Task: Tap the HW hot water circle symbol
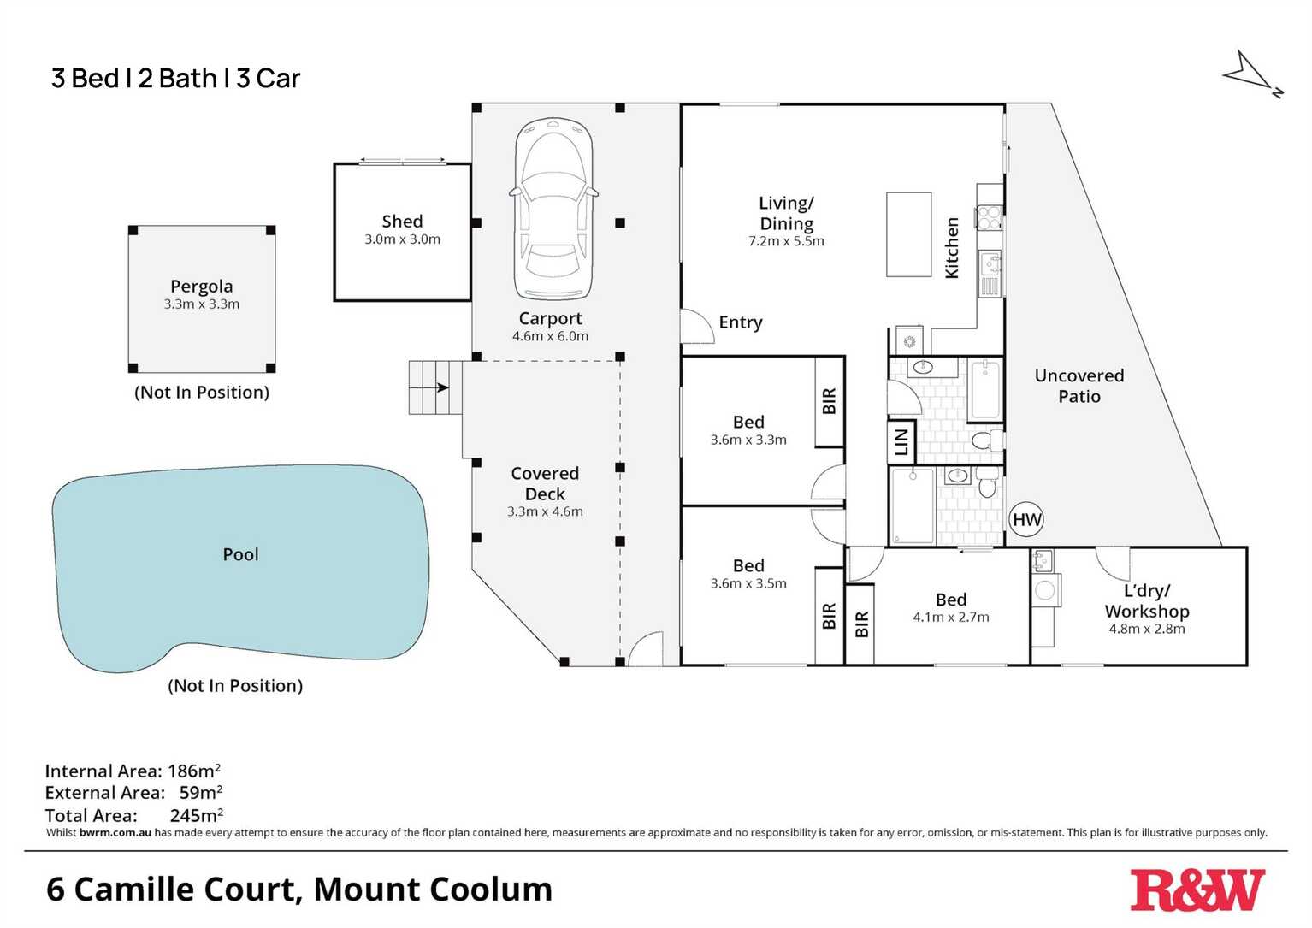[x=1026, y=519]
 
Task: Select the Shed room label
[x=402, y=222]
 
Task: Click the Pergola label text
[x=201, y=287]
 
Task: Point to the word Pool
[x=240, y=554]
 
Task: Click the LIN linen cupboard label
[x=901, y=442]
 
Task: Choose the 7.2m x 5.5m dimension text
[x=786, y=241]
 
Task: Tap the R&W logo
[x=1197, y=890]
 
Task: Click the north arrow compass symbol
[x=1251, y=74]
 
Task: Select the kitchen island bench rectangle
[x=908, y=234]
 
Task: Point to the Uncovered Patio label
[x=1079, y=386]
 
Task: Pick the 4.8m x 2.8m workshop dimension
[x=1146, y=629]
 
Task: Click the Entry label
[x=740, y=322]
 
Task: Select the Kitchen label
[x=951, y=248]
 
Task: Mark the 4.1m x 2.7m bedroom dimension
[x=950, y=617]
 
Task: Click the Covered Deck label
[x=545, y=483]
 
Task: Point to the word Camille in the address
[x=187, y=890]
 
